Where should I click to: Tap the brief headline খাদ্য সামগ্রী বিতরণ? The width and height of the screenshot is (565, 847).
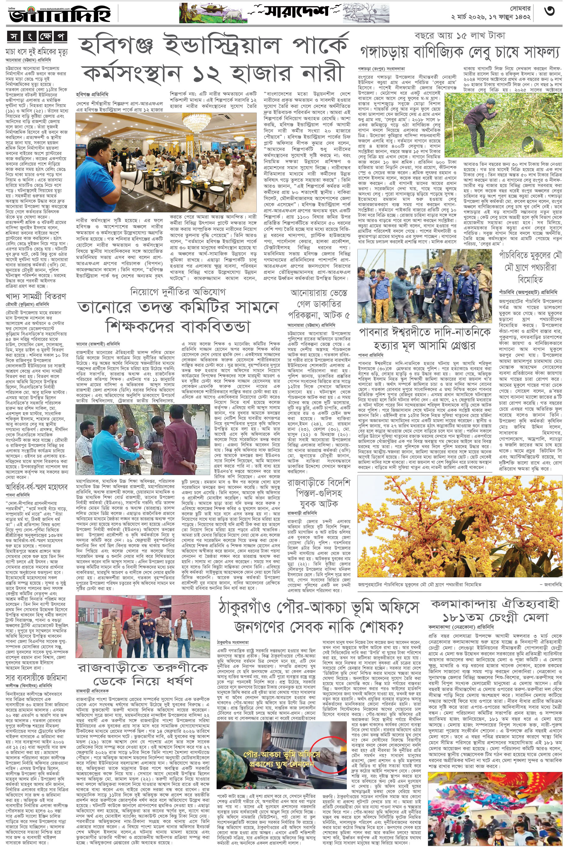click(36, 296)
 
